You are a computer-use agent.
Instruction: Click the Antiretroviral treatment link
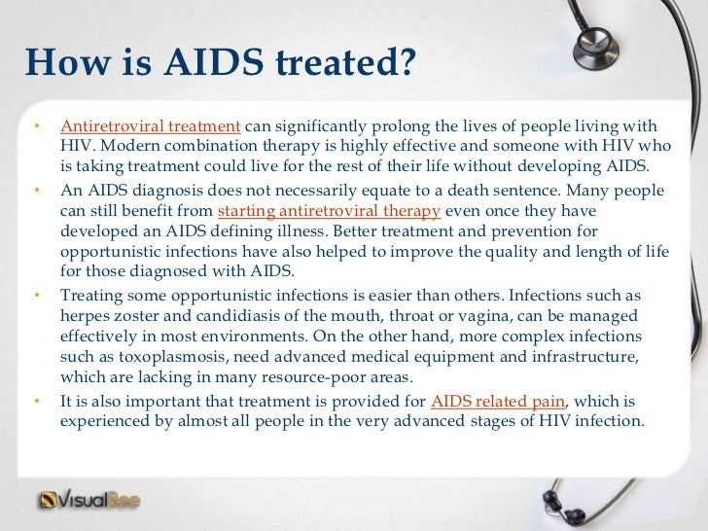(150, 127)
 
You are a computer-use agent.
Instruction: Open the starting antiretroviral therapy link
(331, 212)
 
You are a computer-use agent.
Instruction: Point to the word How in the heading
(61, 65)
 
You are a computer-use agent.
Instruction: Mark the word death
(465, 193)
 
